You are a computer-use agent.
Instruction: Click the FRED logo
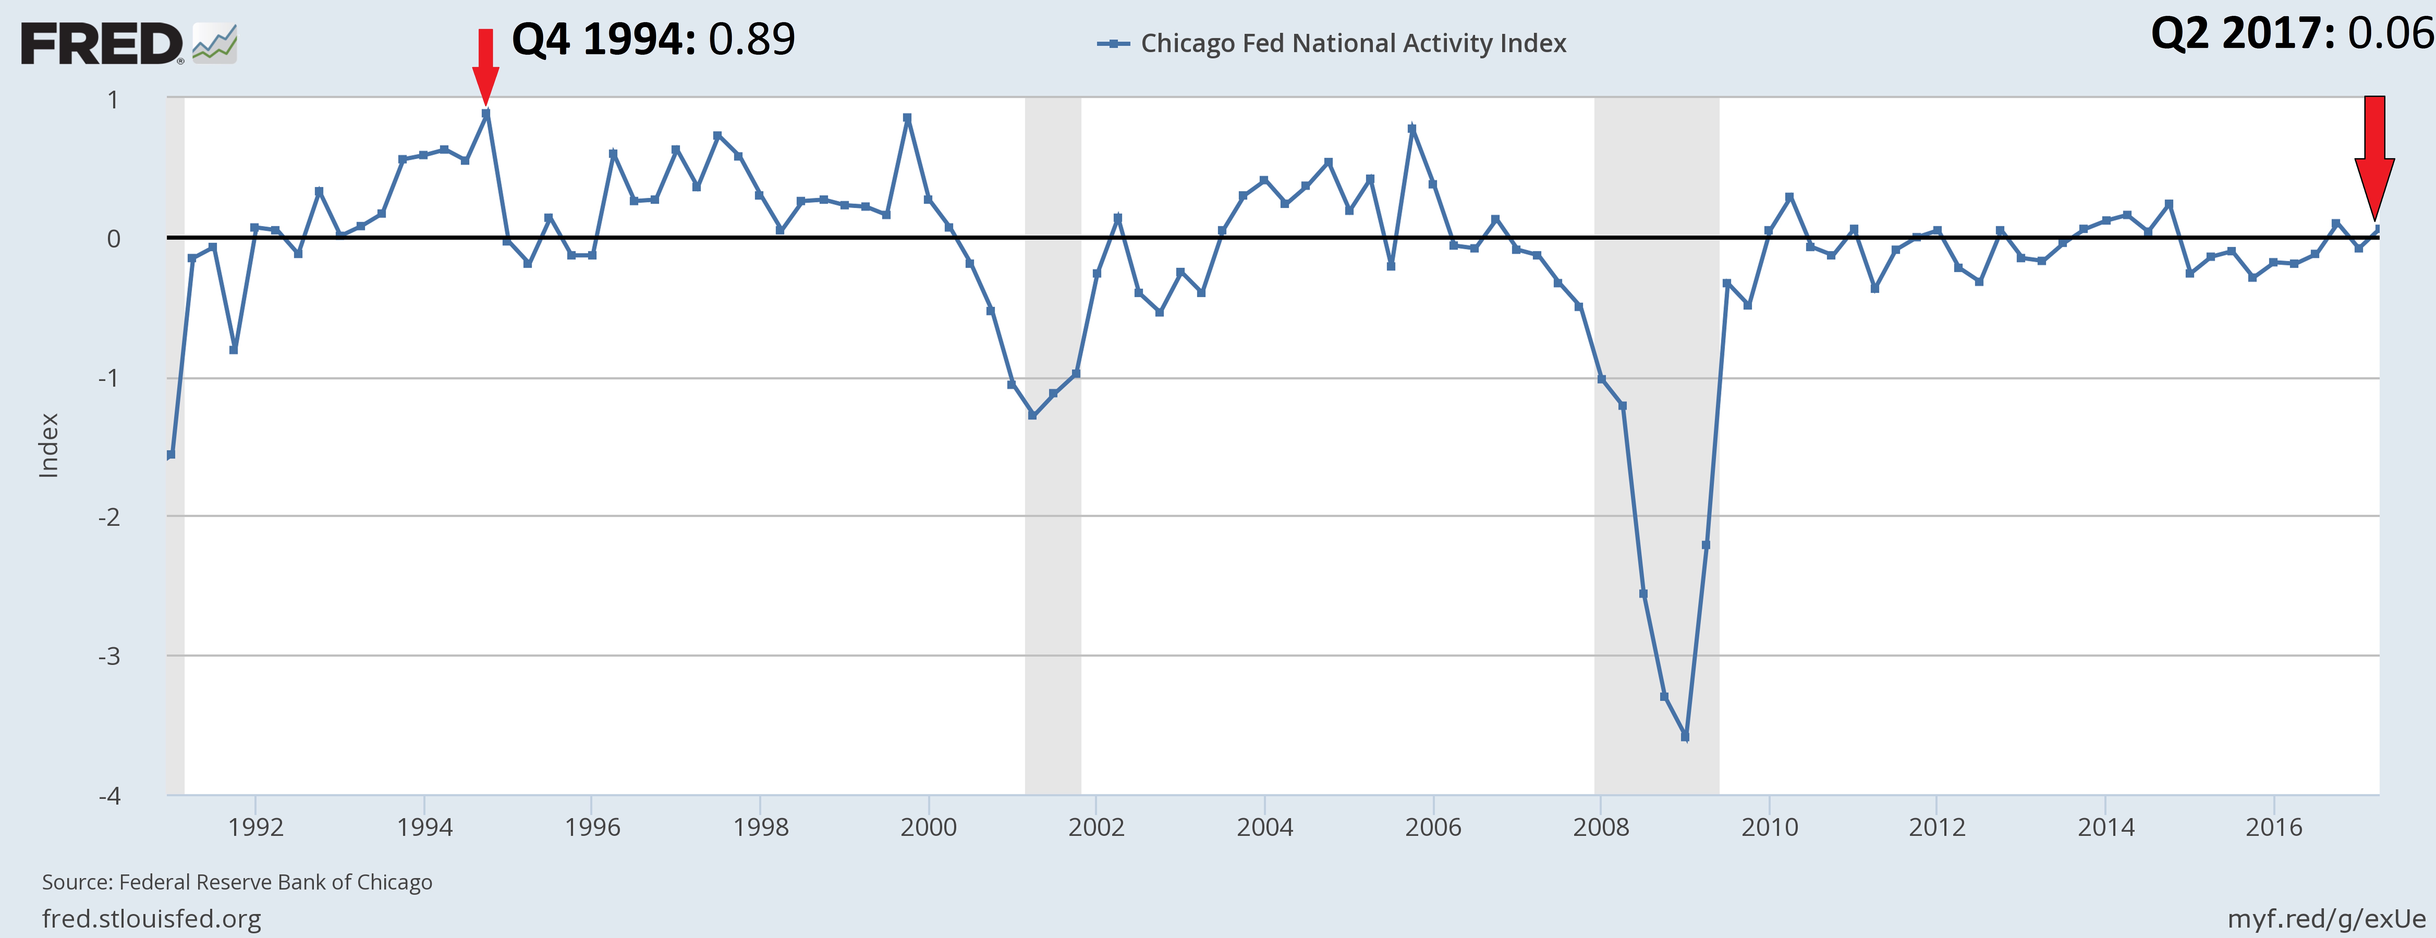pyautogui.click(x=129, y=44)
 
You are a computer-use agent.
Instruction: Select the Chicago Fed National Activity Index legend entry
pyautogui.click(x=1331, y=44)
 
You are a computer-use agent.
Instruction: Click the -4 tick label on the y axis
pyautogui.click(x=110, y=795)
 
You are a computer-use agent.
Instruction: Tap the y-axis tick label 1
pyautogui.click(x=113, y=99)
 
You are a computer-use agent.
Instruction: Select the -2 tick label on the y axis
pyautogui.click(x=110, y=516)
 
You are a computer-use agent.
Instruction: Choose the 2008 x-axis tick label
pyautogui.click(x=1601, y=827)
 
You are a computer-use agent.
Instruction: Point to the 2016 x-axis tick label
pyautogui.click(x=2274, y=827)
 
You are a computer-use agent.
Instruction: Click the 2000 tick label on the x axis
pyautogui.click(x=929, y=827)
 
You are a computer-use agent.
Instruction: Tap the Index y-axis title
pyautogui.click(x=48, y=445)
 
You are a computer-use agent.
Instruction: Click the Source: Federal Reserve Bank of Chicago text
pyautogui.click(x=237, y=882)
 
